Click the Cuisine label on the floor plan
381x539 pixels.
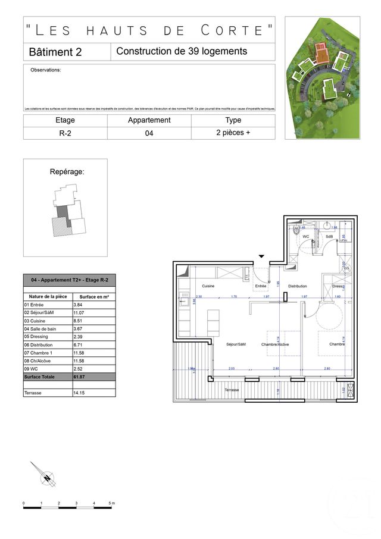(208, 286)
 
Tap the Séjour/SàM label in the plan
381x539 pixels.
(236, 344)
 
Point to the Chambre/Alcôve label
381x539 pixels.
(276, 344)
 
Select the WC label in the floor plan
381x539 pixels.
(306, 237)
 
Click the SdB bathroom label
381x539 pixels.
(329, 237)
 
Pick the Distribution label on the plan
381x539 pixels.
(297, 286)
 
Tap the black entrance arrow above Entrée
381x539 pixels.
(261, 256)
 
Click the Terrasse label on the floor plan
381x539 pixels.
(232, 390)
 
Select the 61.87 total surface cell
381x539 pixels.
(93, 377)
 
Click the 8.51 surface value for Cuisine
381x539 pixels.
(93, 321)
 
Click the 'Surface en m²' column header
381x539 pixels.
(93, 296)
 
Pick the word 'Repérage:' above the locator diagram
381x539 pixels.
(67, 172)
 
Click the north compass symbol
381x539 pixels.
(46, 477)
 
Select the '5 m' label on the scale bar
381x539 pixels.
(111, 503)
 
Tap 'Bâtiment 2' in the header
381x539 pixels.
(55, 52)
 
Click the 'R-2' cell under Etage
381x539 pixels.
(65, 133)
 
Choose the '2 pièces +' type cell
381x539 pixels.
(233, 133)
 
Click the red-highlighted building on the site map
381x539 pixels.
(321, 54)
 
